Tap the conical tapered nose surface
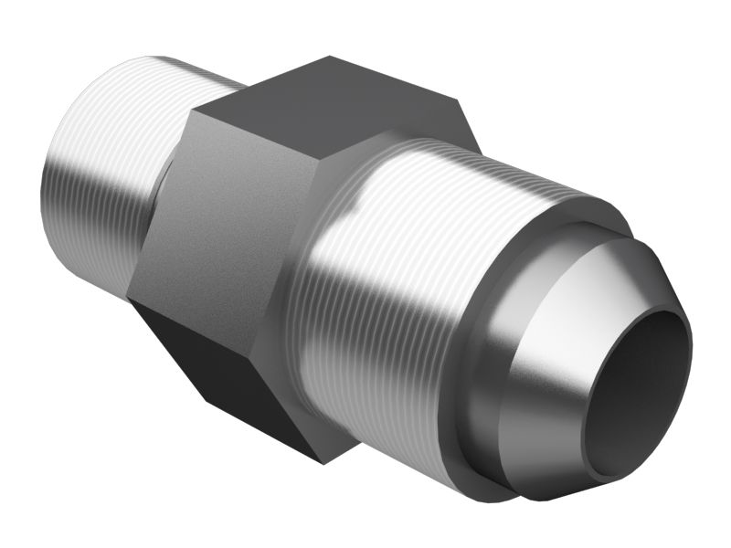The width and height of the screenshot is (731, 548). [585, 301]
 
